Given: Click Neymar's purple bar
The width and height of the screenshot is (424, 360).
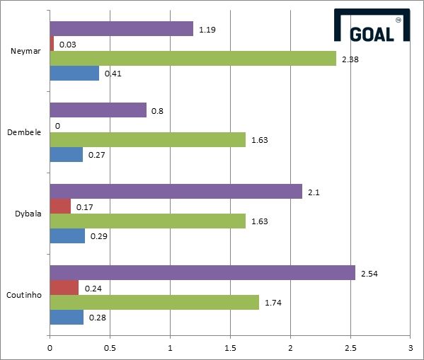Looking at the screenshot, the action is tap(122, 29).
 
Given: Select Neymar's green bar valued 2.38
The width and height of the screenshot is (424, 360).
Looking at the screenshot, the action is tap(193, 58).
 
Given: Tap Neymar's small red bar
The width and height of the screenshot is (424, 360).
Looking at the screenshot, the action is tap(52, 44).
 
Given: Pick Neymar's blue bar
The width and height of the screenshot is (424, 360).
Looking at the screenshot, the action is tap(74, 73).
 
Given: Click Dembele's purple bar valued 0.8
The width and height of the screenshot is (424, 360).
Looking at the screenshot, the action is tap(98, 110).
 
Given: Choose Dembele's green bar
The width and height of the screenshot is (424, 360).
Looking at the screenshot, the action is tap(148, 140).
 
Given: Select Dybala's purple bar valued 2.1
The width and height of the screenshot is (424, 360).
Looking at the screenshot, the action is tap(176, 192).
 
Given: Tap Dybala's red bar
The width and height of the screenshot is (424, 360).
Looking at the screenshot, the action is tap(60, 207).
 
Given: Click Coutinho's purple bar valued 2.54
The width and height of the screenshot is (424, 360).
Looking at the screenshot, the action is tap(202, 273).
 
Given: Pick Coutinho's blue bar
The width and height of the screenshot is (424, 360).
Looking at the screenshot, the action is tap(67, 317).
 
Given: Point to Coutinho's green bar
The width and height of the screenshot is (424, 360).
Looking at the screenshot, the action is tap(154, 303).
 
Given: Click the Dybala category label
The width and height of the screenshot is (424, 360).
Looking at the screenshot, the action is tap(28, 214).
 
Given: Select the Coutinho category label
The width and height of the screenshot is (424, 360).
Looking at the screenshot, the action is tap(24, 295).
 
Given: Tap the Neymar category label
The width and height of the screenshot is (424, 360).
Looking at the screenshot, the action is tap(25, 51).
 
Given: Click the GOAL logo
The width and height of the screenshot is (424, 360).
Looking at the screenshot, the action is tap(372, 25).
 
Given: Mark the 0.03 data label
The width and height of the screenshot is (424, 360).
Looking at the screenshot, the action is tap(68, 45).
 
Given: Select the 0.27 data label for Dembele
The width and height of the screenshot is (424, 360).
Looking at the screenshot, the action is tap(97, 155).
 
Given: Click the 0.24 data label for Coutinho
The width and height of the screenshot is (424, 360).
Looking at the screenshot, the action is tap(93, 289).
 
